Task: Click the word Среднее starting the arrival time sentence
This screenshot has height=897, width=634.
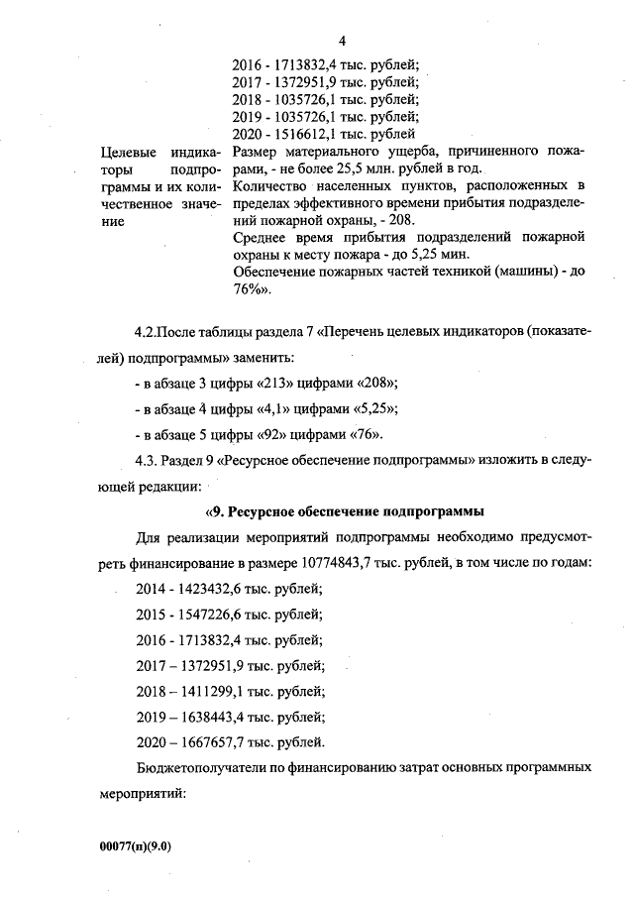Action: coord(264,238)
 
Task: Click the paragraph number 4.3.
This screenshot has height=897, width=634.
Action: coord(149,461)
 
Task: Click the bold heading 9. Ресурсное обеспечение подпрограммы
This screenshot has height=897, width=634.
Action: coord(344,511)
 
